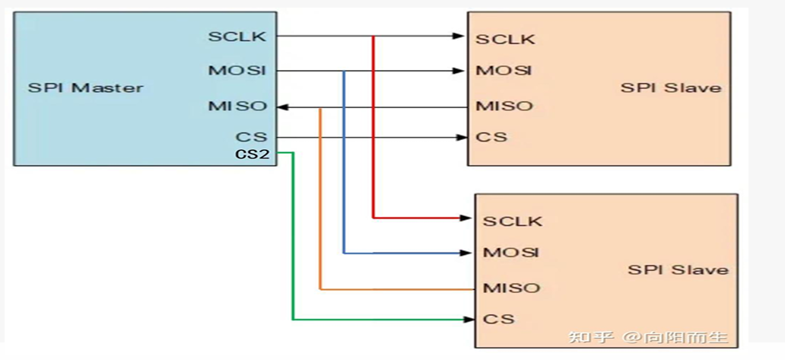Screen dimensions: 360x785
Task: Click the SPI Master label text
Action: pyautogui.click(x=85, y=87)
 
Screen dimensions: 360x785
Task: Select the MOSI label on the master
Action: pyautogui.click(x=237, y=71)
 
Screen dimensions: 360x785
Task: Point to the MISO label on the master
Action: pyautogui.click(x=237, y=106)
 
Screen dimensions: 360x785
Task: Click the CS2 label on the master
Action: pyautogui.click(x=252, y=154)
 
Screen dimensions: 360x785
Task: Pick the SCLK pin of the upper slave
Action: pyautogui.click(x=505, y=39)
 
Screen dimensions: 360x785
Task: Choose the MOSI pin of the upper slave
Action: pyautogui.click(x=504, y=71)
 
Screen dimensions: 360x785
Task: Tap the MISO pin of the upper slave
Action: pyautogui.click(x=504, y=106)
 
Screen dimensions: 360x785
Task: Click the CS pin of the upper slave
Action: pyautogui.click(x=491, y=137)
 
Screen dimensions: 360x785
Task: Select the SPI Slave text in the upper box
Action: pyautogui.click(x=670, y=87)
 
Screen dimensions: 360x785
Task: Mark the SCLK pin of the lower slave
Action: pyautogui.click(x=513, y=221)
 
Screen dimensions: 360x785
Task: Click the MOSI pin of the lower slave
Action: pyautogui.click(x=511, y=252)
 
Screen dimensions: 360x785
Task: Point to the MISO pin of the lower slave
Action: pyautogui.click(x=511, y=288)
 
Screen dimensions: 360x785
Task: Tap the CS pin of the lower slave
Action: pyautogui.click(x=498, y=318)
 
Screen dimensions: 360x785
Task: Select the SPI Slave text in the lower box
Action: pyautogui.click(x=678, y=269)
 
